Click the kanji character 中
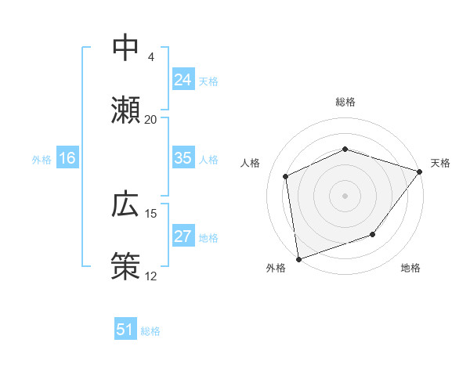coord(126,48)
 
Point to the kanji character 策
coord(126,265)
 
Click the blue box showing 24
coord(183,79)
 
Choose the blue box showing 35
coord(183,158)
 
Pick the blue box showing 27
coord(183,236)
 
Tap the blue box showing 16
coord(67,158)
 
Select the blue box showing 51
coord(125,330)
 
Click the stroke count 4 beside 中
coord(150,57)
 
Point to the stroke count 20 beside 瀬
coord(150,119)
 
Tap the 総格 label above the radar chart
coord(345,102)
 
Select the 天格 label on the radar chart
coord(440,163)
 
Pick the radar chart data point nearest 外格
coord(298,258)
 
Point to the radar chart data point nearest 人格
coord(286,176)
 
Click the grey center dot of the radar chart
coord(345,195)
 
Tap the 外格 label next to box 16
coord(41,159)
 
